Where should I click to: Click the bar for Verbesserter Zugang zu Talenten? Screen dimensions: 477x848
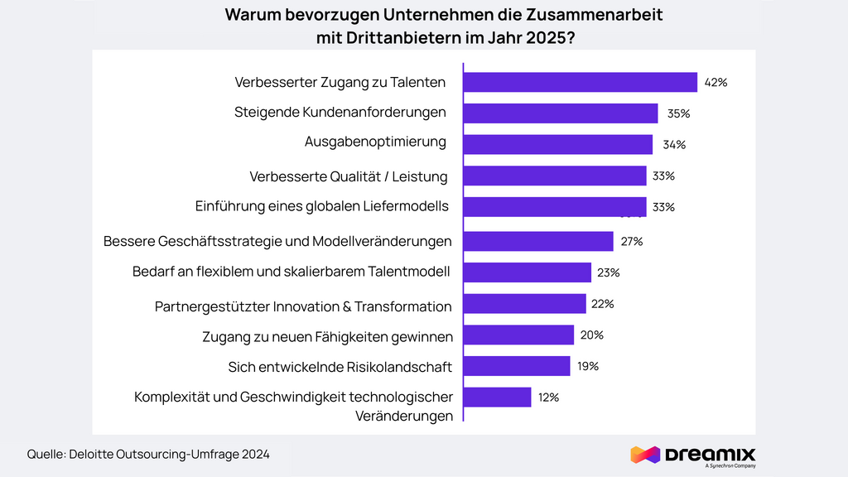click(x=580, y=82)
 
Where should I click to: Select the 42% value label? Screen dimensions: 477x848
click(x=715, y=83)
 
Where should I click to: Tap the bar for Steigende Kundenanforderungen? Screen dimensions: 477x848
click(x=560, y=113)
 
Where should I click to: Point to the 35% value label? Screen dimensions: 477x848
click(x=679, y=113)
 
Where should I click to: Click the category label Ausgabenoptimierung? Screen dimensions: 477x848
click(x=375, y=142)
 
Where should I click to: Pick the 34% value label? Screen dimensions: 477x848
click(x=674, y=145)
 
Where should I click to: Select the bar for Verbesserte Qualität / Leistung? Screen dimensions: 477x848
click(x=554, y=176)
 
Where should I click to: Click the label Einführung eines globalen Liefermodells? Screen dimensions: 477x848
click(x=322, y=206)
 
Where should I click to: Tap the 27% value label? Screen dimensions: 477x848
click(x=632, y=242)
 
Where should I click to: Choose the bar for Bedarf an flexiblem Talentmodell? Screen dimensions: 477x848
click(x=527, y=272)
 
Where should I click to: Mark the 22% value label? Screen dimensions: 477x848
click(x=602, y=304)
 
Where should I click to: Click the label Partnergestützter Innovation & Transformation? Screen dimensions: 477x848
click(x=303, y=306)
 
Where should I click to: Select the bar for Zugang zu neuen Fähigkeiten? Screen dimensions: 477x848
click(x=518, y=335)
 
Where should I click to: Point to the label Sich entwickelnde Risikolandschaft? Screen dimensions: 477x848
click(x=340, y=367)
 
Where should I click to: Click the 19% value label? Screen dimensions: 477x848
click(x=587, y=366)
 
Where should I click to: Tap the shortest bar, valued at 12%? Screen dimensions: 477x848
click(x=497, y=397)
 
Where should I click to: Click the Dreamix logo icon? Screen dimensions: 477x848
click(x=644, y=455)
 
